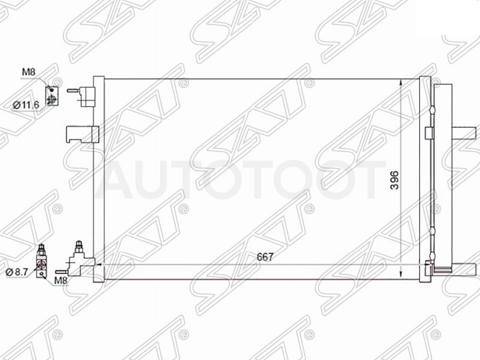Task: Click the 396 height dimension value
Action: (395, 180)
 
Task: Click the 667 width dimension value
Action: (265, 257)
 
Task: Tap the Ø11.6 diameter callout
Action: (26, 106)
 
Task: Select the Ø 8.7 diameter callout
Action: (17, 272)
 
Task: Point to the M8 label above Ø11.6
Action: (28, 72)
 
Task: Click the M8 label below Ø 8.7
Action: (61, 280)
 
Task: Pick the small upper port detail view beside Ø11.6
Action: (52, 95)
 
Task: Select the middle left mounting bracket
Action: (82, 134)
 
